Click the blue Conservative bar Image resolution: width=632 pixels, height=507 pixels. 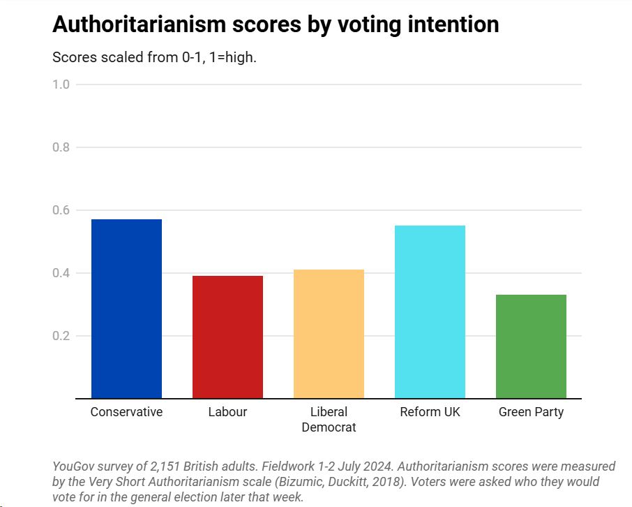pos(126,309)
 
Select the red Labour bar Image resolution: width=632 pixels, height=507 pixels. pos(227,337)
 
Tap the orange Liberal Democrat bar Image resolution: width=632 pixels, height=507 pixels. pos(329,334)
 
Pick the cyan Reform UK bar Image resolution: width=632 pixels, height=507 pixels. pos(430,311)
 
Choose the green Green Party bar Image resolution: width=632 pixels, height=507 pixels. pos(531,346)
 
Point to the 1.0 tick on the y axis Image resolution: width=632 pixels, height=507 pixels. pos(61,84)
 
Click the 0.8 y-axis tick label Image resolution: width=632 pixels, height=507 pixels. pos(61,147)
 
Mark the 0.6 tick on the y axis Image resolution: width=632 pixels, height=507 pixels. pos(61,210)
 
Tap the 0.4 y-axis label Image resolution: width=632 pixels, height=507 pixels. pos(61,273)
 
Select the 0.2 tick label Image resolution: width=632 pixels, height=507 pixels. pos(61,336)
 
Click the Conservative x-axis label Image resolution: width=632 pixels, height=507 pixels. pos(126,412)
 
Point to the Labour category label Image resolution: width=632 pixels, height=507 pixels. pos(227,412)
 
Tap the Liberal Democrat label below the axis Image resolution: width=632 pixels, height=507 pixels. pos(329,419)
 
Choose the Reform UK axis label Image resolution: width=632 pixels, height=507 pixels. pos(430,412)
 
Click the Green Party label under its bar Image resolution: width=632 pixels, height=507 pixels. pos(531,412)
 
